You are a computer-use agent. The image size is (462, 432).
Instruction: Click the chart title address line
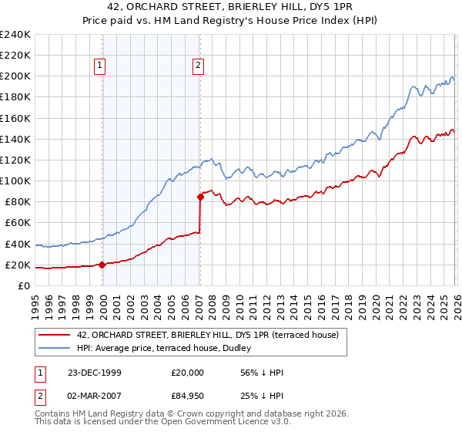[231, 6]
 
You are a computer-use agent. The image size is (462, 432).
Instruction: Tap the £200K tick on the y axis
[15, 76]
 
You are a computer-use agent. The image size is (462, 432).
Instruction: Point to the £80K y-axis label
[18, 202]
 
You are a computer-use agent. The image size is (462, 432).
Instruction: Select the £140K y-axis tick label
[15, 139]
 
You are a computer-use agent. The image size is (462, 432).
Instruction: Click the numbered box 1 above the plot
[100, 66]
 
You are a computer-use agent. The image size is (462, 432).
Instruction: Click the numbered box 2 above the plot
[198, 66]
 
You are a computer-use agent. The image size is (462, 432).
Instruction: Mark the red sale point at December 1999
[102, 265]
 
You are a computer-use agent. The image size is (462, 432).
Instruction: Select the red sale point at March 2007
[200, 197]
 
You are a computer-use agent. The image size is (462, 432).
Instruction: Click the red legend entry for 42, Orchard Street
[213, 334]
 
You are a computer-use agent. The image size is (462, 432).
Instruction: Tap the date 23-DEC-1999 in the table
[95, 373]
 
